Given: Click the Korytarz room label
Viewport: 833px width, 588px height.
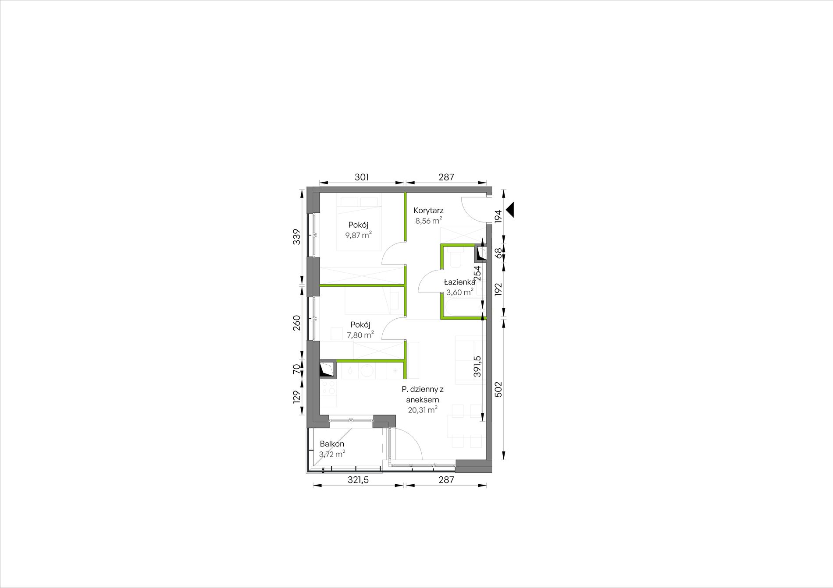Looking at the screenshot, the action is tap(428, 211).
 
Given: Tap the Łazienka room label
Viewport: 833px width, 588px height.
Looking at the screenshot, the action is tap(459, 282).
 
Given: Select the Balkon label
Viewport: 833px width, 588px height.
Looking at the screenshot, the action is tap(332, 444).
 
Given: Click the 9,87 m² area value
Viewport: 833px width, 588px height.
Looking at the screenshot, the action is tap(359, 235).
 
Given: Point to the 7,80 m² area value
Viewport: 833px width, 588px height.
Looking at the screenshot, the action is tap(360, 335).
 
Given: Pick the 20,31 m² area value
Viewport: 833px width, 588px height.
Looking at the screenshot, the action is tap(423, 410).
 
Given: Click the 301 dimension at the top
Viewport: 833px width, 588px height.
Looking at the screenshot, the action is tap(362, 177).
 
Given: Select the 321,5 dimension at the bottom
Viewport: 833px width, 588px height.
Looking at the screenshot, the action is tap(358, 480).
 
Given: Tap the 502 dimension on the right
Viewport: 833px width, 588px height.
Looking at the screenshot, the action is tap(498, 390).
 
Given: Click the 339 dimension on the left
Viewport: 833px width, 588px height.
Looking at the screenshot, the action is tap(297, 237).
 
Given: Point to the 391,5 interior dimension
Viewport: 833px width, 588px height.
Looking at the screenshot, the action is tap(477, 366).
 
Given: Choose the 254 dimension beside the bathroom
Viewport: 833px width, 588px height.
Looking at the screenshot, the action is tap(477, 273).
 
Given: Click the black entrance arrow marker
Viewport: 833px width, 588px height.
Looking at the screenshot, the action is tap(510, 210).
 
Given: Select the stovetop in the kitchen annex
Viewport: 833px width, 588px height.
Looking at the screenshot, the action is tap(328, 387).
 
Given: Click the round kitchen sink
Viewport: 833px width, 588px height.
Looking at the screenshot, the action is tap(367, 370).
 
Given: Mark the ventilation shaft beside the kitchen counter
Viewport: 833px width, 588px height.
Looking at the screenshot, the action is tap(328, 369).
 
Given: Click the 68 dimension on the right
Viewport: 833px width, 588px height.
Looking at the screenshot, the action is tap(498, 253).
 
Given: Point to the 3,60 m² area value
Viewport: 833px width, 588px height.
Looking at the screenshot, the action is tap(460, 292).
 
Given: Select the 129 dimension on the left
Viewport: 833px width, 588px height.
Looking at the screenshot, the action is tap(297, 397).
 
